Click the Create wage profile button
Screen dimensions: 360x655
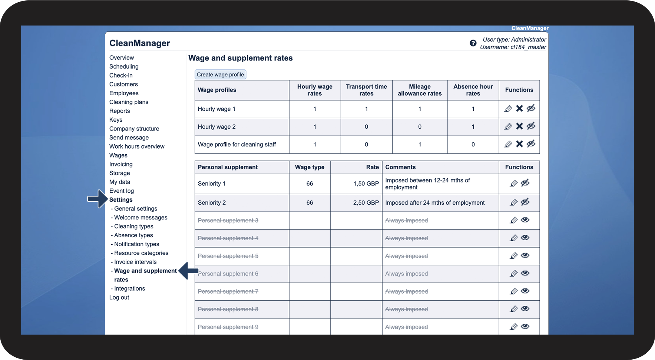(220, 75)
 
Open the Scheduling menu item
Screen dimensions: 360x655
(124, 67)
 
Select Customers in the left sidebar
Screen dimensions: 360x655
(123, 85)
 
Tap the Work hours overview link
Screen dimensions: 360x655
(137, 146)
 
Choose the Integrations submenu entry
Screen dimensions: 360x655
(129, 288)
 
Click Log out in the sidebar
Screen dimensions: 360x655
(119, 297)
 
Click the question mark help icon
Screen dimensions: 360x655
(473, 43)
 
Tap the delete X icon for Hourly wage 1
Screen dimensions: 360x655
(519, 108)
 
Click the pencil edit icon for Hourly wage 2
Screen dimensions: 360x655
(508, 126)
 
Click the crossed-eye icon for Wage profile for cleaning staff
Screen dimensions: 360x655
(531, 144)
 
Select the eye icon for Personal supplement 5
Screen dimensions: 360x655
(525, 255)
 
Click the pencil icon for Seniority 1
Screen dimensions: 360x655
(513, 183)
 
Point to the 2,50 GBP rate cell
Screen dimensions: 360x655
(366, 203)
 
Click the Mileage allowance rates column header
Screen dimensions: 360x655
(420, 90)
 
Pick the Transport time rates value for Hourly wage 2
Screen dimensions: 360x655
(366, 127)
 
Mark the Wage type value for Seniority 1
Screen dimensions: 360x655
(310, 184)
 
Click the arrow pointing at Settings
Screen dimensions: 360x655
(97, 199)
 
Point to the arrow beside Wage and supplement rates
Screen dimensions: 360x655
(188, 271)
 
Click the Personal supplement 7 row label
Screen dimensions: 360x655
(228, 291)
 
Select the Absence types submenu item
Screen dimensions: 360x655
(133, 235)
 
